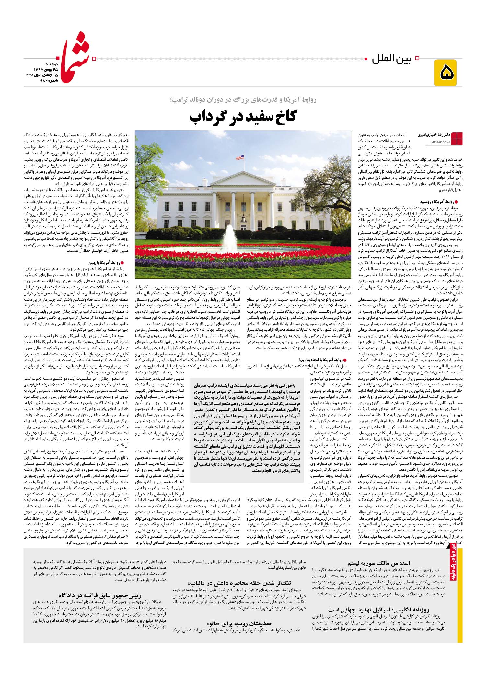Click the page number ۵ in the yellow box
(x=447, y=73)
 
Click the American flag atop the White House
(x=239, y=157)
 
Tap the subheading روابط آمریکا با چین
(x=105, y=263)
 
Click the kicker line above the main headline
(x=243, y=100)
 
